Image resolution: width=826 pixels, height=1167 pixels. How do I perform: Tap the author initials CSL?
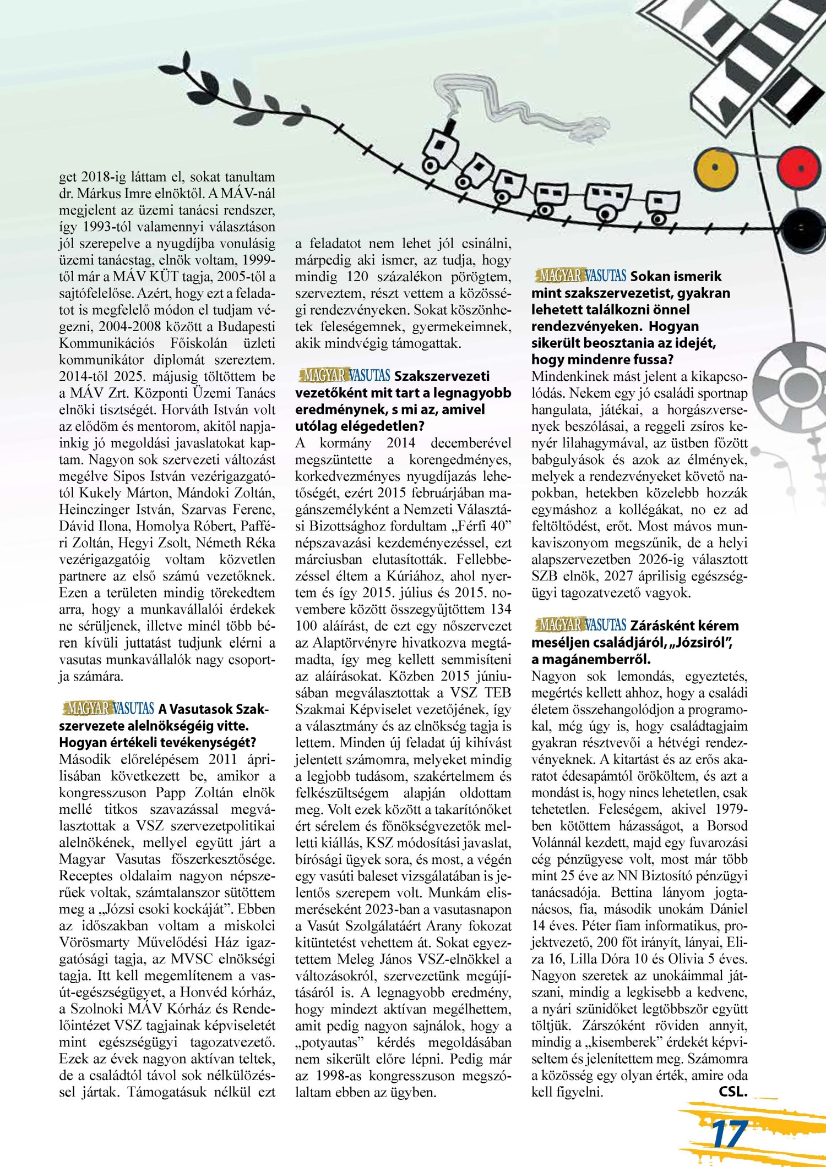coord(733,1092)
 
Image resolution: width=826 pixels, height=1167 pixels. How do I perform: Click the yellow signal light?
coord(714,167)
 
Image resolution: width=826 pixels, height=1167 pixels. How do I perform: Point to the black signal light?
coord(801,228)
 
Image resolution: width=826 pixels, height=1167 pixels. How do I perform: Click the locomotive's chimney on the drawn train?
coord(452,125)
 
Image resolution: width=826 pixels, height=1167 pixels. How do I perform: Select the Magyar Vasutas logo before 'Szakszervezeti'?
coord(344,376)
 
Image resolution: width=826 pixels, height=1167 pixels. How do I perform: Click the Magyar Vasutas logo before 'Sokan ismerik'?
coord(580,276)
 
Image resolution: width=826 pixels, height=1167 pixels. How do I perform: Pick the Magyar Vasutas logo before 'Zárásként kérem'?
coord(580,625)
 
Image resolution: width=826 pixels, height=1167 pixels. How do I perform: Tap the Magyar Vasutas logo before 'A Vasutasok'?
coord(108,709)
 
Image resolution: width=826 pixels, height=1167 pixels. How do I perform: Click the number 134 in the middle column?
coord(500,609)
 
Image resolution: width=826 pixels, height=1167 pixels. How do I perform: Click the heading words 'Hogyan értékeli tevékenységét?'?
coord(157,742)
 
